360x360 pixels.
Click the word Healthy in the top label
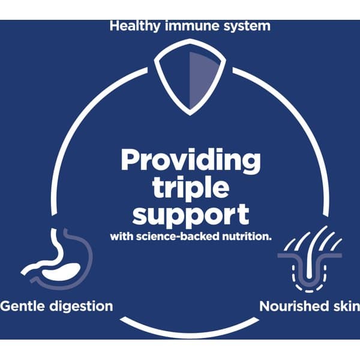[x=134, y=26]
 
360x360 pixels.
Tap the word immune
[x=192, y=26]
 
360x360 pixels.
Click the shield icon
[x=190, y=77]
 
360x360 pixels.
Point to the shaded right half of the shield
[x=202, y=78]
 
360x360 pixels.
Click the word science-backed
[x=178, y=236]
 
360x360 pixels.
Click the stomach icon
[x=57, y=259]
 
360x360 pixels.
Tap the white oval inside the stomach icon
[x=61, y=272]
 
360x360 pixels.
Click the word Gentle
[x=23, y=306]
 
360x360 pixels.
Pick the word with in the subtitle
[x=122, y=236]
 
